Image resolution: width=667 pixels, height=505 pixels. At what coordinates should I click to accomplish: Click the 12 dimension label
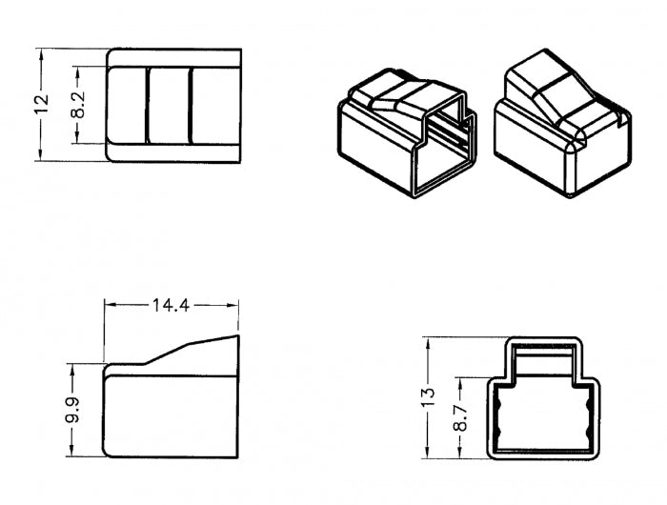42,104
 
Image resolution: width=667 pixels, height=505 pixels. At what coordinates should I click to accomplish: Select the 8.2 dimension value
78,105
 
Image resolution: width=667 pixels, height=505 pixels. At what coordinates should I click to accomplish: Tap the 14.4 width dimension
171,305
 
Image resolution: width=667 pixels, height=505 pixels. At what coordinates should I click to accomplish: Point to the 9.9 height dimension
72,410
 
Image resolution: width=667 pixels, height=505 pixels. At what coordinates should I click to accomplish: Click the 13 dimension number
429,397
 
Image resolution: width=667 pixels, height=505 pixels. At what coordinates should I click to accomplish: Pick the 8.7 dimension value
460,417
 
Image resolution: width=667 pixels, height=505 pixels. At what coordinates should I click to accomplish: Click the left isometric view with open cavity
407,132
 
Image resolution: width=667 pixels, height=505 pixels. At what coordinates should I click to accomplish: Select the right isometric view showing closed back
563,123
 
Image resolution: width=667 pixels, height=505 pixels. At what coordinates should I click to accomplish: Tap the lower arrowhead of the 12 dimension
41,155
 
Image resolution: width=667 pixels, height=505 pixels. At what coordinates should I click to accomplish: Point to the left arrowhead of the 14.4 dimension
111,305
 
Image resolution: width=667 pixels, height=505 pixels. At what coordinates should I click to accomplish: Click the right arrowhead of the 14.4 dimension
232,305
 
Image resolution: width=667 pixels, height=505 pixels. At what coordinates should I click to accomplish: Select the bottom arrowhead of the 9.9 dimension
71,451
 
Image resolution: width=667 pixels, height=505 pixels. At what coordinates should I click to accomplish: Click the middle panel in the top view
169,105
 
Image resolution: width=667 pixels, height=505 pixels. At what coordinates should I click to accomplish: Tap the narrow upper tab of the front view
544,357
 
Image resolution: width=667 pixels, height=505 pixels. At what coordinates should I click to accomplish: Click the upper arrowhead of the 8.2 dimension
77,72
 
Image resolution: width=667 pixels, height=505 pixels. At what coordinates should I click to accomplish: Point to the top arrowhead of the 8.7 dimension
460,383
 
